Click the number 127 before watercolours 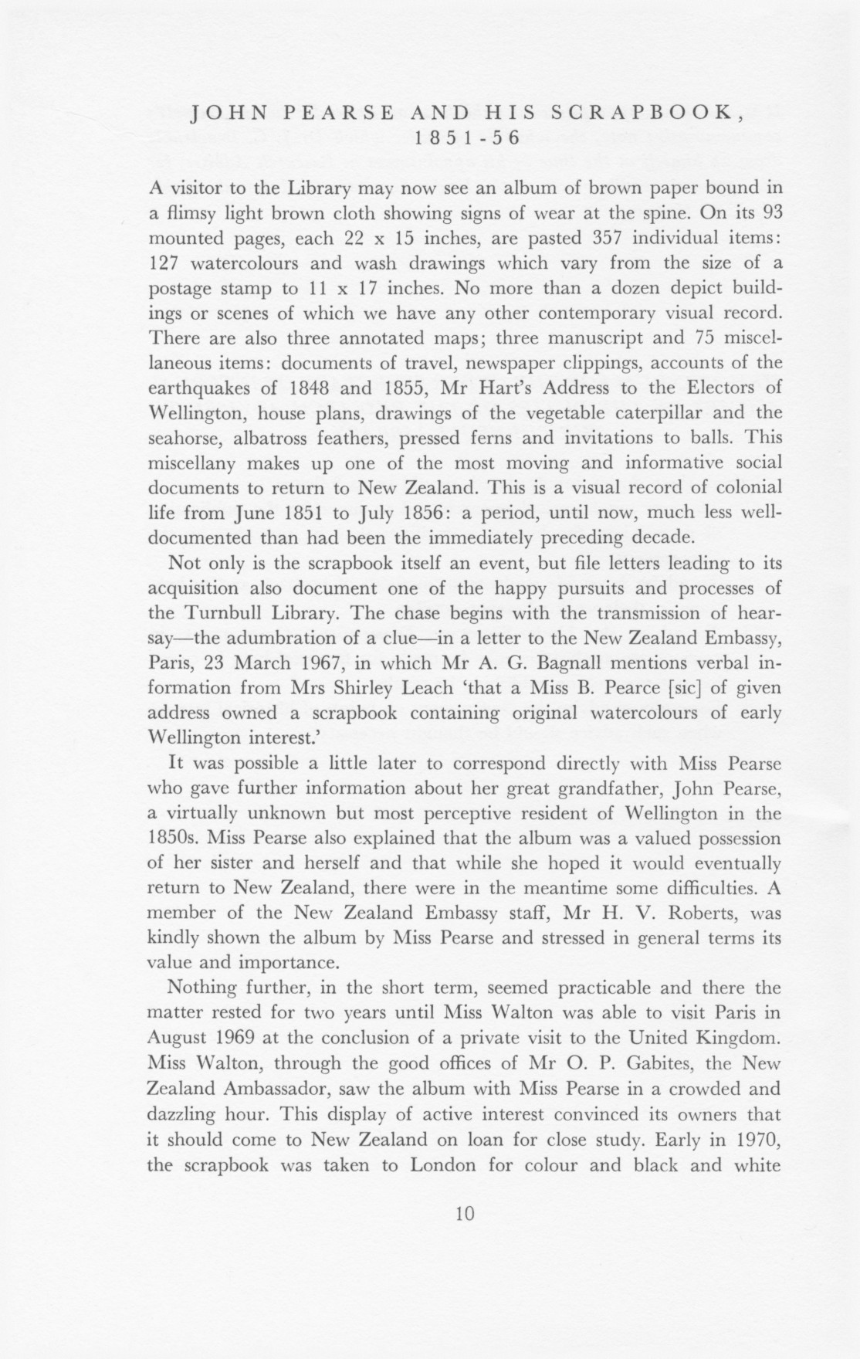point(164,263)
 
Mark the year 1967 point(371,663)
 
